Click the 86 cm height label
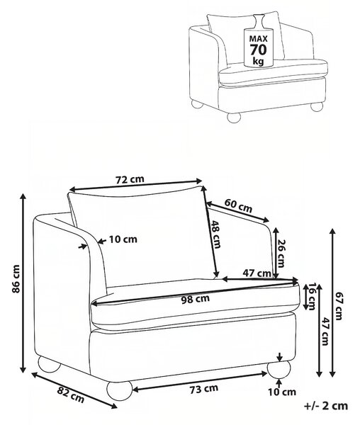(x=16, y=279)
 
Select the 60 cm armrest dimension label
(x=238, y=206)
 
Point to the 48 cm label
(x=215, y=234)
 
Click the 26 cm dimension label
(x=282, y=253)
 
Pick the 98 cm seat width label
(x=196, y=299)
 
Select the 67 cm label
(x=339, y=306)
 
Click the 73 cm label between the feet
(x=203, y=389)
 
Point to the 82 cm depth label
(x=71, y=395)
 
